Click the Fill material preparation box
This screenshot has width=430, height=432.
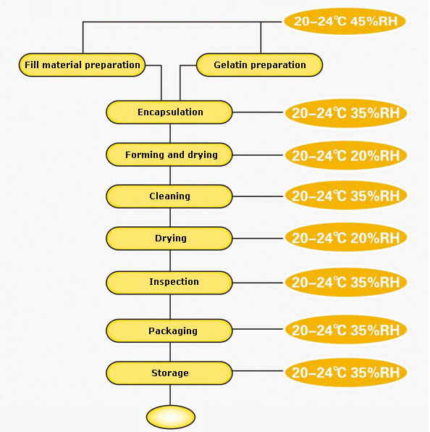pyautogui.click(x=82, y=65)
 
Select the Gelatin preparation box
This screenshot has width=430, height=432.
pyautogui.click(x=259, y=65)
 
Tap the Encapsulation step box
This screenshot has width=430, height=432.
pyautogui.click(x=169, y=112)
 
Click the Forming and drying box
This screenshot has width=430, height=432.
pyautogui.click(x=169, y=154)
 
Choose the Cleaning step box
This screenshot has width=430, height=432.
pyautogui.click(x=169, y=196)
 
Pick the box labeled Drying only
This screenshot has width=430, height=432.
pyautogui.click(x=169, y=238)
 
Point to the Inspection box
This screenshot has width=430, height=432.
pyautogui.click(x=169, y=283)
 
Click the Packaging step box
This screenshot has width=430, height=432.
pyautogui.click(x=169, y=331)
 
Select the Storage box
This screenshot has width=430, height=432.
pyautogui.click(x=169, y=373)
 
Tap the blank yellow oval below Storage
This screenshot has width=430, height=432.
pyautogui.click(x=171, y=417)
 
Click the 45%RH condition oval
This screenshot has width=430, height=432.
pyautogui.click(x=345, y=21)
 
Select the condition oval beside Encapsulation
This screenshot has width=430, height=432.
pyautogui.click(x=346, y=113)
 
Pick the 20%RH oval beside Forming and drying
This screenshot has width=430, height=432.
pyautogui.click(x=346, y=155)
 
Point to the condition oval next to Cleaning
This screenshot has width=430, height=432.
pyautogui.click(x=346, y=196)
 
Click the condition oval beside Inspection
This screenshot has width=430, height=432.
pyautogui.click(x=346, y=282)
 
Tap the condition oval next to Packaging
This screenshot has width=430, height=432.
pyautogui.click(x=346, y=330)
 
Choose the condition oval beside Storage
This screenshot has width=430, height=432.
pyautogui.click(x=346, y=373)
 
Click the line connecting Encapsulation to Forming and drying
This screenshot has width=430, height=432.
pyautogui.click(x=170, y=133)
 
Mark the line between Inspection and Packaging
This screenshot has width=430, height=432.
pyautogui.click(x=170, y=307)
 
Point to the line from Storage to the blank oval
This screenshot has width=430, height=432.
pyautogui.click(x=170, y=395)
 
